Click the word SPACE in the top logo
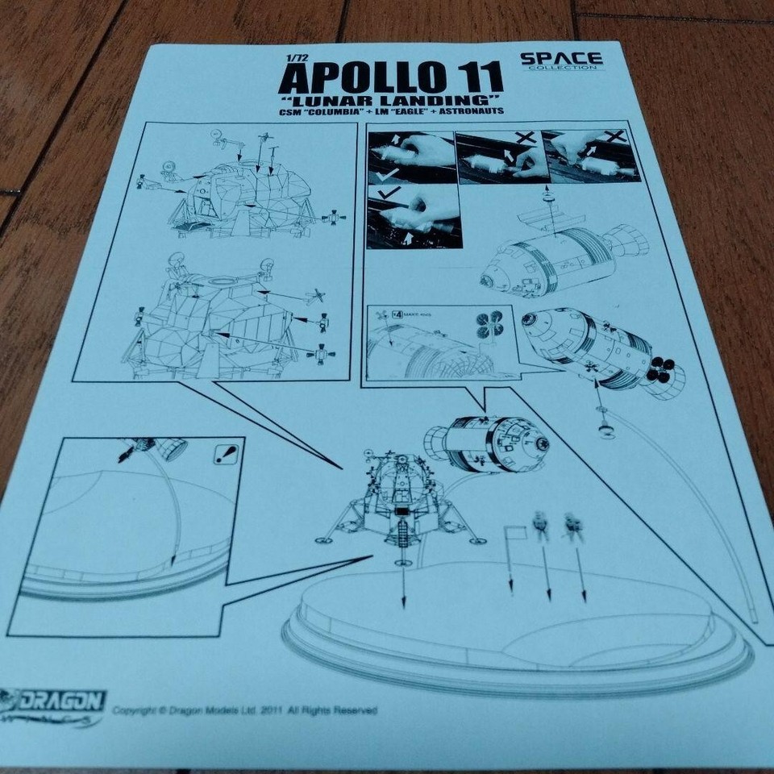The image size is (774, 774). tap(560, 58)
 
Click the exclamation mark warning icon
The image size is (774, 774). tap(227, 456)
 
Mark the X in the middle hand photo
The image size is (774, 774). tap(528, 139)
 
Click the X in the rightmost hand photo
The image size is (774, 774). tap(612, 138)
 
